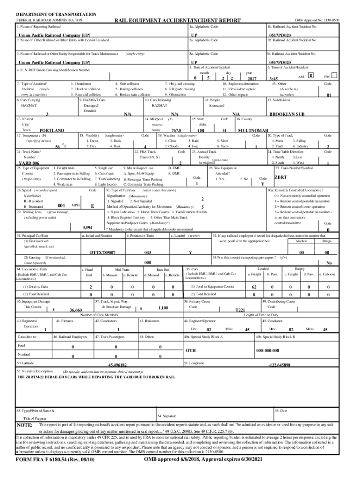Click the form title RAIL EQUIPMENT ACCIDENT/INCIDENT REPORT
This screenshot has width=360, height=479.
point(178,21)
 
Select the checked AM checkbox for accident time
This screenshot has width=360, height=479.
point(311,75)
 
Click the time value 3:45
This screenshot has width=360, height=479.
point(274,79)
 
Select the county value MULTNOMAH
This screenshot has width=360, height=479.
point(253,131)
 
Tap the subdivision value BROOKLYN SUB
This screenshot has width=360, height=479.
point(287,114)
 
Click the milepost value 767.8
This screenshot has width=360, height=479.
point(177,131)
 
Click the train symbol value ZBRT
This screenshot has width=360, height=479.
point(281,177)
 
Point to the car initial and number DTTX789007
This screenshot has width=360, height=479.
point(102,253)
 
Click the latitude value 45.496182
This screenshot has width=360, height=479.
point(117,364)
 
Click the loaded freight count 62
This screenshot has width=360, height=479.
point(254,287)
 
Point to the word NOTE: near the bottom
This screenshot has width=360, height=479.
point(24,426)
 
